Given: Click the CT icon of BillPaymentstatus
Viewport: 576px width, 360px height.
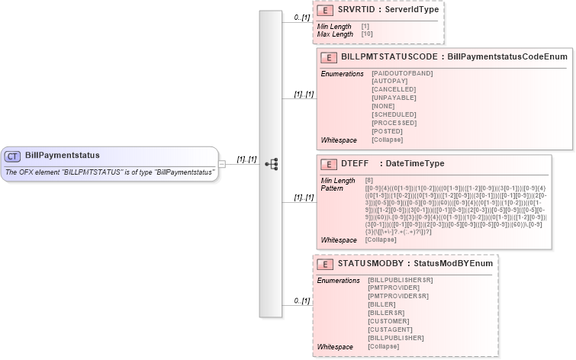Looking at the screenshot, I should (13, 156).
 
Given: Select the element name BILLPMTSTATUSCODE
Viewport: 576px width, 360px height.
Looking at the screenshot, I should (389, 57).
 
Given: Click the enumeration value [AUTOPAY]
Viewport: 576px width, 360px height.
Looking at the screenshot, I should (389, 81).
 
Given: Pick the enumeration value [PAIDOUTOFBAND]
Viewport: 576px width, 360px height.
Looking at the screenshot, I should (402, 72).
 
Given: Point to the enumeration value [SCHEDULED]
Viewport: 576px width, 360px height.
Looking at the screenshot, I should (394, 114).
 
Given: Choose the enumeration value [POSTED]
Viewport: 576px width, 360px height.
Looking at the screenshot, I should (387, 131).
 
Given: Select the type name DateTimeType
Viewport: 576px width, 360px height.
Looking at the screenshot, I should (415, 164).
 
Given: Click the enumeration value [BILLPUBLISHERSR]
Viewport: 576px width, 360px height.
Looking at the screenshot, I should (401, 280).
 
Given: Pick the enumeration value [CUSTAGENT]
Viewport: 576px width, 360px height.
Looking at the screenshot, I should (391, 329).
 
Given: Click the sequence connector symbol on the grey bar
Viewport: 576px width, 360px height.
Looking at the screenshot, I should (271, 163).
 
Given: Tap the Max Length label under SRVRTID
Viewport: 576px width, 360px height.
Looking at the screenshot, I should (336, 34).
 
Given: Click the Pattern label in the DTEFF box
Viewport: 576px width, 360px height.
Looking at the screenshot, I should (332, 188).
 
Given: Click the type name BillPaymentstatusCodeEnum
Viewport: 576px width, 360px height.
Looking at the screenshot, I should (507, 57).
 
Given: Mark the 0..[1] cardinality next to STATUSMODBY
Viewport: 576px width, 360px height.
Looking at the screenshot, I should (301, 301).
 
